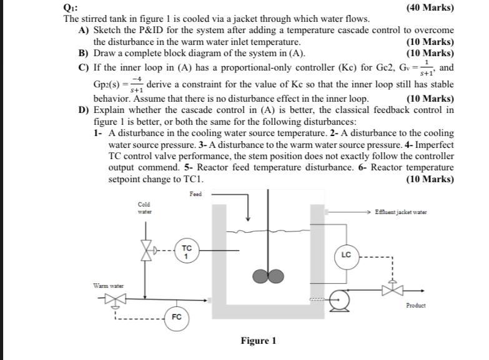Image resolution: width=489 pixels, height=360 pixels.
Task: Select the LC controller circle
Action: pyautogui.click(x=347, y=255)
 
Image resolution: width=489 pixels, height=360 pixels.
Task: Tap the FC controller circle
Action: pyautogui.click(x=177, y=317)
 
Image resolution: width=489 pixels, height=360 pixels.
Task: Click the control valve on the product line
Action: pyautogui.click(x=392, y=289)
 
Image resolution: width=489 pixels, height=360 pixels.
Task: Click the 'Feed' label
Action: pyautogui.click(x=195, y=195)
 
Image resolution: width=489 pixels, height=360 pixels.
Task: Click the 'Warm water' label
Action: pyautogui.click(x=109, y=286)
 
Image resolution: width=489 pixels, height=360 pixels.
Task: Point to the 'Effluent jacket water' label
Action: pyautogui.click(x=401, y=212)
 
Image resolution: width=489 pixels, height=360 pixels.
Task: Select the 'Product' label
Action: pyautogui.click(x=415, y=305)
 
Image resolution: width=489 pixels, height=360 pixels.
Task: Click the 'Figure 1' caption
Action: pyautogui.click(x=258, y=341)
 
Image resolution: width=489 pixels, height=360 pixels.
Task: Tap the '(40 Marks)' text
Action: pyautogui.click(x=430, y=8)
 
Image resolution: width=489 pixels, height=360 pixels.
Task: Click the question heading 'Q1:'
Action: pyautogui.click(x=70, y=7)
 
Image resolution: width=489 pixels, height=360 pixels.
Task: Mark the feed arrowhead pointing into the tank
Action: pyautogui.click(x=249, y=217)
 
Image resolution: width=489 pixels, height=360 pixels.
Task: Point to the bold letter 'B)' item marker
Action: pyautogui.click(x=83, y=53)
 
